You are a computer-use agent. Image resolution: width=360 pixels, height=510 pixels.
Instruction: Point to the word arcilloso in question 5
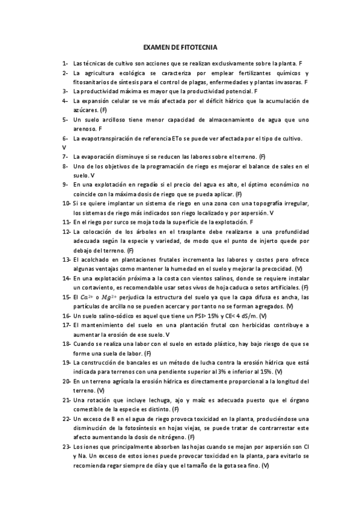(112, 119)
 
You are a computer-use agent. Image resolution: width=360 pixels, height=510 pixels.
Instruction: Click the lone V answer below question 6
(64, 147)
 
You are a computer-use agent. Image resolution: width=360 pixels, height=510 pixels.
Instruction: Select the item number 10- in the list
(66, 203)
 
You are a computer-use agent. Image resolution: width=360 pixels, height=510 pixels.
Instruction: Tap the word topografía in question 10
(267, 203)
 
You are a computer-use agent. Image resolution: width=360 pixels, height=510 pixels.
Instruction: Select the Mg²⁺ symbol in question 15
(109, 297)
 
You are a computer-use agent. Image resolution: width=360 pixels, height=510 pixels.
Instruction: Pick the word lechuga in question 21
(145, 400)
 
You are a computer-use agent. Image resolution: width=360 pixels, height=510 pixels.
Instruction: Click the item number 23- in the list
(66, 447)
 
